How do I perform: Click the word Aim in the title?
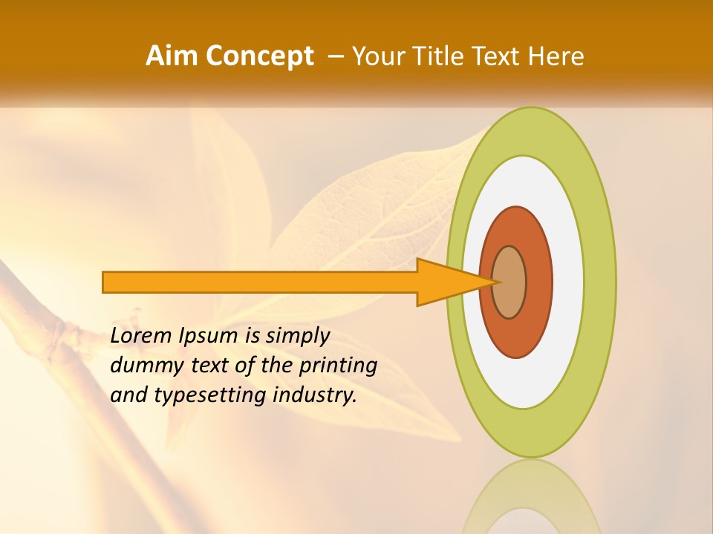(x=172, y=56)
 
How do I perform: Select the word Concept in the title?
(x=259, y=56)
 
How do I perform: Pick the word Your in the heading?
(x=380, y=56)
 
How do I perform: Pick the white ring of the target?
(x=568, y=282)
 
